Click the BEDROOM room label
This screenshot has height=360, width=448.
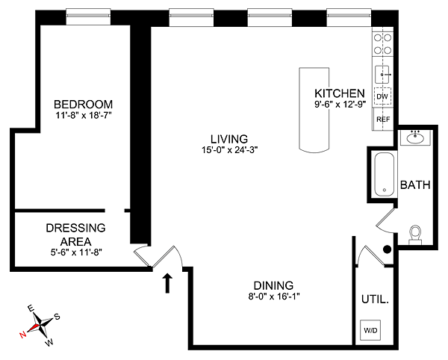pyautogui.click(x=83, y=105)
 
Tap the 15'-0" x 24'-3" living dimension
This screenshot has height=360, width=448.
pyautogui.click(x=230, y=150)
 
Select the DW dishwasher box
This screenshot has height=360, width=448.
pyautogui.click(x=382, y=96)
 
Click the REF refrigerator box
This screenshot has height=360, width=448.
pyautogui.click(x=383, y=120)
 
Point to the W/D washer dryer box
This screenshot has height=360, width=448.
pyautogui.click(x=370, y=330)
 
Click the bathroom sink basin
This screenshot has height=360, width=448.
pyautogui.click(x=415, y=139)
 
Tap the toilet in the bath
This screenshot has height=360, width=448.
pyautogui.click(x=415, y=235)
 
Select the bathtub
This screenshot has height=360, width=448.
pyautogui.click(x=385, y=175)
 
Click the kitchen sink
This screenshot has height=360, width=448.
pyautogui.click(x=382, y=74)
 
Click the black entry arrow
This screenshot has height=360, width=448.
pyautogui.click(x=167, y=283)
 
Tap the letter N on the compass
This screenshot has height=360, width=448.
pyautogui.click(x=22, y=335)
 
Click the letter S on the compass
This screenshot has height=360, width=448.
pyautogui.click(x=57, y=317)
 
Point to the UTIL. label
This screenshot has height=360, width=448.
pyautogui.click(x=375, y=300)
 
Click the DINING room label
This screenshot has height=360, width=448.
pyautogui.click(x=273, y=285)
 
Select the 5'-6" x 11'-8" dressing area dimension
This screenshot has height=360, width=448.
pyautogui.click(x=76, y=252)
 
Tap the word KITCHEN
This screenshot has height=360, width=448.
pyautogui.click(x=340, y=93)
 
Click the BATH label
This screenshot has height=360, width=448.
pyautogui.click(x=415, y=185)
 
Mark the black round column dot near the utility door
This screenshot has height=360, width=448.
pyautogui.click(x=387, y=249)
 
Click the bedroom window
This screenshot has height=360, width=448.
pyautogui.click(x=88, y=17)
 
